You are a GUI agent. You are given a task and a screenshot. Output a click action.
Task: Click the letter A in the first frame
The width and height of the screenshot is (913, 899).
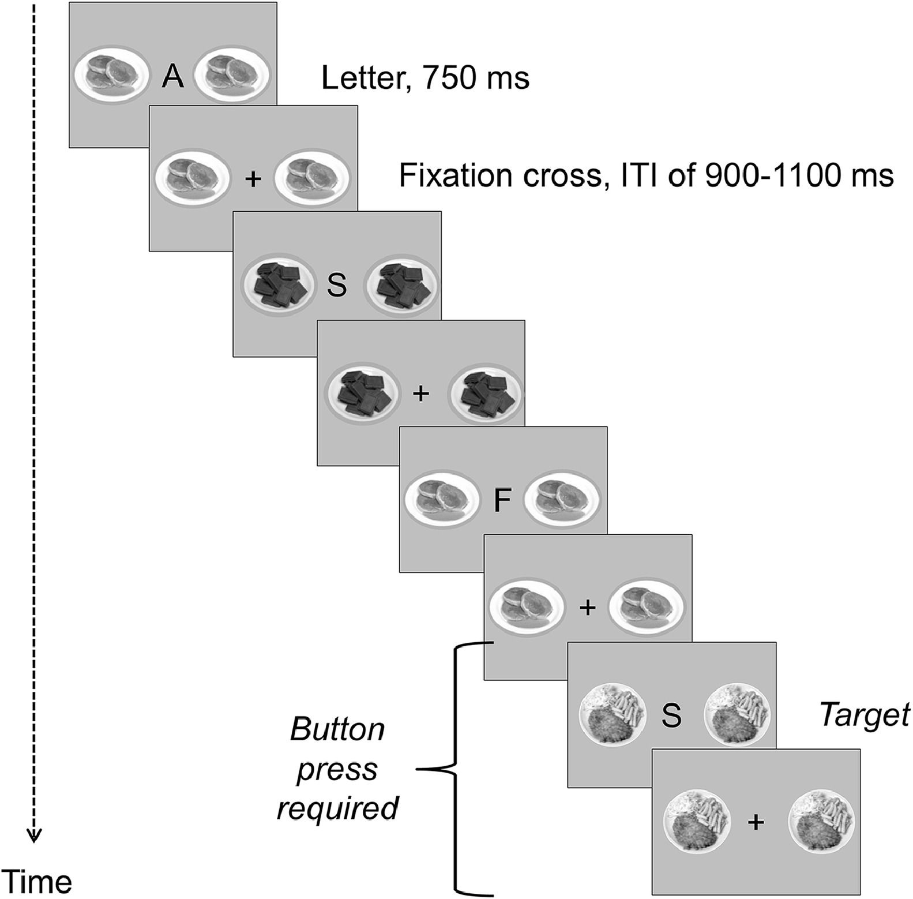[172, 77]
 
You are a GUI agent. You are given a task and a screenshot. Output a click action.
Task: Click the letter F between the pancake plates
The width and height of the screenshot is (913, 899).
[502, 500]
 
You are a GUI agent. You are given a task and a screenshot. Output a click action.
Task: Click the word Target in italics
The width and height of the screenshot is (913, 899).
[864, 716]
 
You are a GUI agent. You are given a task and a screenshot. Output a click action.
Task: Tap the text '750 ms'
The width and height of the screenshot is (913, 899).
[476, 78]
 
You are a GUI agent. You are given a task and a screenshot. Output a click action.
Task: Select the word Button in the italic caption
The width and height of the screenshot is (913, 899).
[337, 729]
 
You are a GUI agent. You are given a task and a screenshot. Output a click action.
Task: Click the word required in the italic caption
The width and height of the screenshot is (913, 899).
[337, 808]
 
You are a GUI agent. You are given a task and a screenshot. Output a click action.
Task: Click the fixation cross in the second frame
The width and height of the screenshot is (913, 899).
[253, 179]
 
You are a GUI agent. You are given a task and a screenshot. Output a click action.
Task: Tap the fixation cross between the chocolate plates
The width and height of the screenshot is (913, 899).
[422, 394]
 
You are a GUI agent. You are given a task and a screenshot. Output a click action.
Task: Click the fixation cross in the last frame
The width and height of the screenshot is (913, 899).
[756, 822]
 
